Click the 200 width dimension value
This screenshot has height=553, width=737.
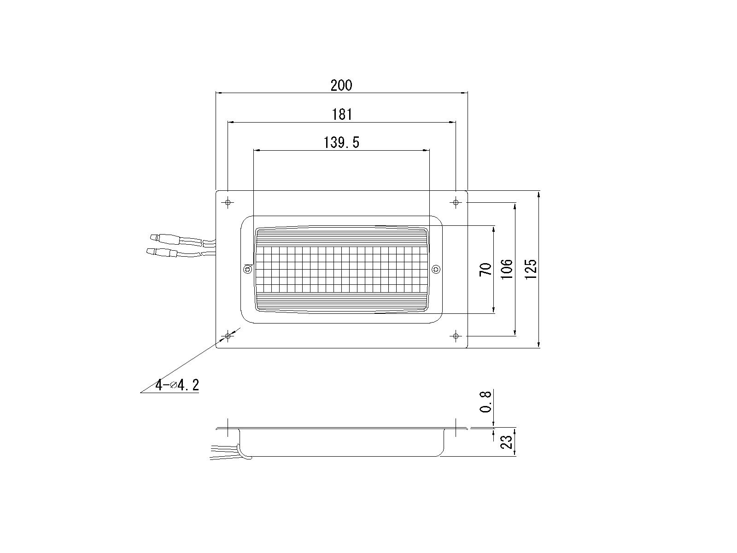[x=341, y=85]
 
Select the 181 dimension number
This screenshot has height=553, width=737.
[x=342, y=114]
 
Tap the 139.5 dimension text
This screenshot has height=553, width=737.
[x=341, y=142]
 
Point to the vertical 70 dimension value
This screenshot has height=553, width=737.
[x=486, y=269]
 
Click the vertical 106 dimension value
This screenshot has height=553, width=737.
[x=507, y=269]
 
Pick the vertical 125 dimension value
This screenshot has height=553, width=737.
[x=531, y=269]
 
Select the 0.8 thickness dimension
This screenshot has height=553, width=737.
[x=485, y=401]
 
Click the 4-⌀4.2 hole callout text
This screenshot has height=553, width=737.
[x=177, y=385]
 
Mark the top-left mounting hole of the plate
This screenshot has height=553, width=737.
[x=228, y=202]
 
